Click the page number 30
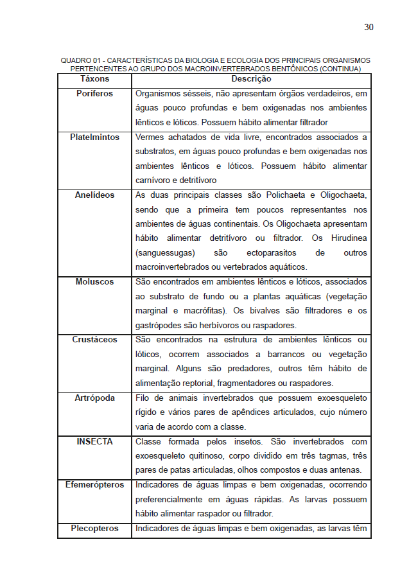369,27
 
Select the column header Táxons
94,79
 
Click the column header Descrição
251,79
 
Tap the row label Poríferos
94,94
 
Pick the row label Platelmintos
94,137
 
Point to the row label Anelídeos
94,195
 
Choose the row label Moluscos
94,282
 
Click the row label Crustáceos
94,340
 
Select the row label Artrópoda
94,398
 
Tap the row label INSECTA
94,442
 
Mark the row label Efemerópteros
94,485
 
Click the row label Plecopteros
94,529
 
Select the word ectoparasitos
268,253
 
